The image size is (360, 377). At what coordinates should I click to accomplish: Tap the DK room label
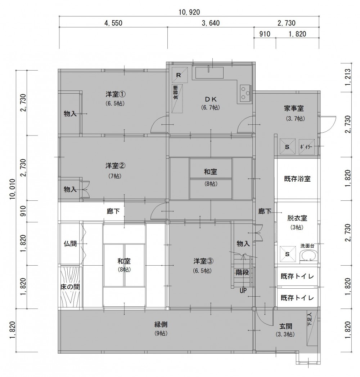(x=211, y=99)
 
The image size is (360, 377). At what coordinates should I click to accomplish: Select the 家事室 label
(x=294, y=108)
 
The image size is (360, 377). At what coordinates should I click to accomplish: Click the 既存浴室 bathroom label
(x=297, y=179)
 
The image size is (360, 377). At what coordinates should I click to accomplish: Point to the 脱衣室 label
(x=297, y=218)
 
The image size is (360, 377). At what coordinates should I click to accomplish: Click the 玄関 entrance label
(x=286, y=326)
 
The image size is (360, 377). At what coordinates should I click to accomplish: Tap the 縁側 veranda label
(x=161, y=325)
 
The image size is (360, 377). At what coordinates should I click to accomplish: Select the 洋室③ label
(x=204, y=261)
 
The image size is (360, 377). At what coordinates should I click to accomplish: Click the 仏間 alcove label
(x=70, y=244)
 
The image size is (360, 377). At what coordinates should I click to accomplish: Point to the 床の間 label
(x=70, y=287)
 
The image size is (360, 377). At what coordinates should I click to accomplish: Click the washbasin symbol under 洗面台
(x=309, y=255)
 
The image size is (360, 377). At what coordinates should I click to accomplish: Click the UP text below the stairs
(x=243, y=291)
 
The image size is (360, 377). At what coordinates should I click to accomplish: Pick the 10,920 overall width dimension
(x=189, y=12)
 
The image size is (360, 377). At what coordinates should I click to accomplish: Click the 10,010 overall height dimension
(x=13, y=189)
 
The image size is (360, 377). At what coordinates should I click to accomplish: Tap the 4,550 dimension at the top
(x=113, y=23)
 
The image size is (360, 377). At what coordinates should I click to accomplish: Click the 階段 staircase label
(x=242, y=272)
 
